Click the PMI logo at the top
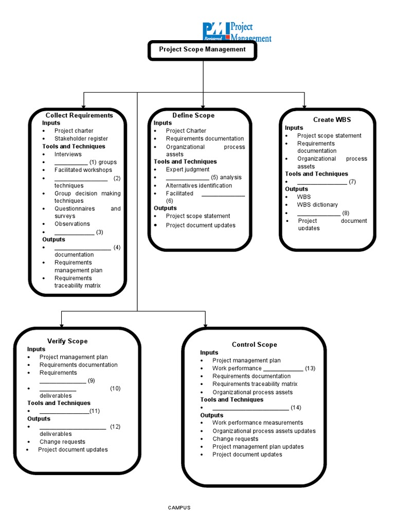click(x=236, y=32)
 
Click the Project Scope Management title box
click(x=202, y=50)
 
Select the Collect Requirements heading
click(x=79, y=115)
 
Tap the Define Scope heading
click(x=193, y=115)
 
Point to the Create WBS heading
click(x=332, y=119)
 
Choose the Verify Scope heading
click(x=67, y=341)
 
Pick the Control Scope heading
click(x=254, y=345)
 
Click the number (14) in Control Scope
click(x=296, y=408)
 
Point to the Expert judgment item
click(x=187, y=169)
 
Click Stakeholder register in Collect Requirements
click(x=81, y=138)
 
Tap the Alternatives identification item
click(x=199, y=185)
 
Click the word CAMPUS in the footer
click(x=179, y=507)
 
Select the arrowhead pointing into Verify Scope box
click(x=62, y=325)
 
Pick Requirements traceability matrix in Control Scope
click(x=255, y=384)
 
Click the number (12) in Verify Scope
click(x=115, y=427)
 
